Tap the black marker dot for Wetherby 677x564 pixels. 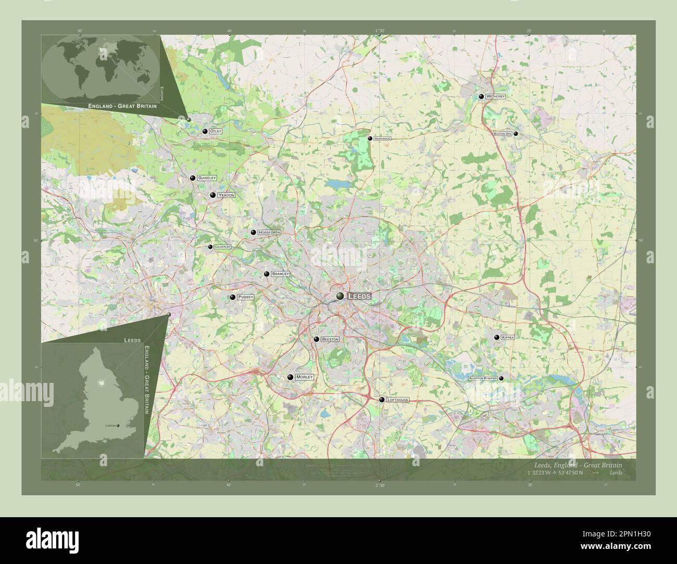(482, 97)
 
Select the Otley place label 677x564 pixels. (216, 132)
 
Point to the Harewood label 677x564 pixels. (382, 139)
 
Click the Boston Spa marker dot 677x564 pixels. (516, 134)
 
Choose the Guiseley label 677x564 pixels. (207, 178)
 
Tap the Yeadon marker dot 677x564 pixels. (212, 195)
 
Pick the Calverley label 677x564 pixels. (222, 247)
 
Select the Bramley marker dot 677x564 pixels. (267, 274)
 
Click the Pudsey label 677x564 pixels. (245, 297)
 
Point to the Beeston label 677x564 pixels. (330, 339)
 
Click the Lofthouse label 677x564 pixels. (398, 400)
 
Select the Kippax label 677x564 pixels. (508, 338)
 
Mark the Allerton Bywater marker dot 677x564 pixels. (501, 378)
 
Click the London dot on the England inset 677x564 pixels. (118, 426)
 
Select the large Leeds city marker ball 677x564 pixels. (340, 296)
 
